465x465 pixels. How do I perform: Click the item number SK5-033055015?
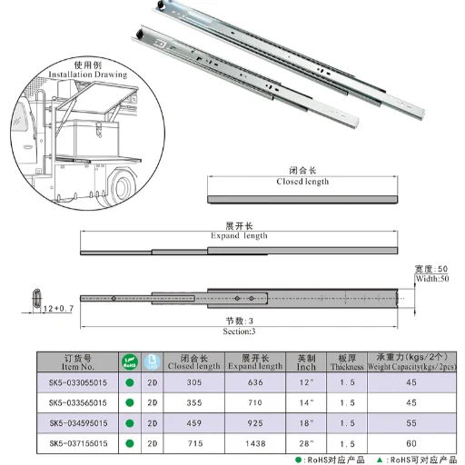click(x=77, y=382)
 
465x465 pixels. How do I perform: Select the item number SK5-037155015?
click(x=77, y=442)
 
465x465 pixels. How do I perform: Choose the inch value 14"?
click(x=306, y=402)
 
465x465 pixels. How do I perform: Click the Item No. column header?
click(x=77, y=361)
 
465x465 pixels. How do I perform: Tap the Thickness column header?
click(x=347, y=361)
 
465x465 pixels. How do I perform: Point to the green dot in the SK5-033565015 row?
click(x=129, y=402)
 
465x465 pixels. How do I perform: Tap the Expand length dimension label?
click(x=239, y=235)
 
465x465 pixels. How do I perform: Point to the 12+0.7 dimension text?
click(x=57, y=310)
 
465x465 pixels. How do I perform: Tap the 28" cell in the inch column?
click(x=306, y=442)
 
